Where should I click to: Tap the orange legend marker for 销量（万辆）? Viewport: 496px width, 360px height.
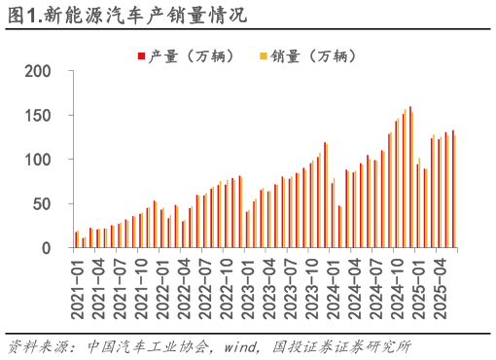coord(264,54)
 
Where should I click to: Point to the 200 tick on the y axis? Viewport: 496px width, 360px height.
coord(38,71)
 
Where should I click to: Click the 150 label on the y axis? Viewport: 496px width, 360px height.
coord(38,116)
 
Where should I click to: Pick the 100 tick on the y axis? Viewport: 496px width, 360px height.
coord(38,160)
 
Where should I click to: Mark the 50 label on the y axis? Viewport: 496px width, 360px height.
coord(43,204)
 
